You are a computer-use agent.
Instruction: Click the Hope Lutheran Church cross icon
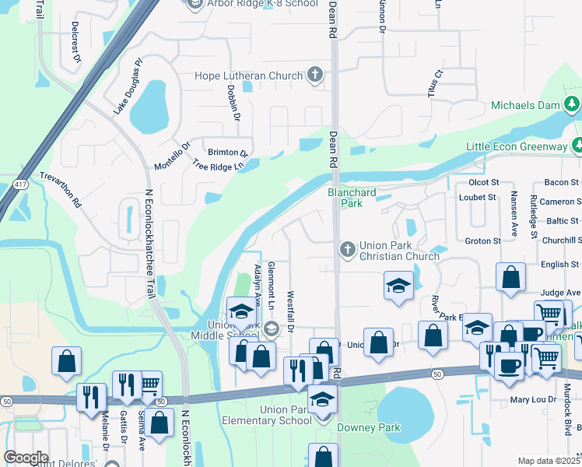[315, 75]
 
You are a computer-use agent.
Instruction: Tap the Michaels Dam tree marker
[572, 105]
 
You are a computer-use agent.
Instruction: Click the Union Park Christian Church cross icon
[348, 250]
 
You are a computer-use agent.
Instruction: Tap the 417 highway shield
[20, 184]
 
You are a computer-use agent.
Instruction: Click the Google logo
[26, 458]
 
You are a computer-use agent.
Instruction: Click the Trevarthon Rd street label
[61, 189]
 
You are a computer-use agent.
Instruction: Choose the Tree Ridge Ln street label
[219, 166]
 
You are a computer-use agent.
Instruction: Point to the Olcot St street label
[483, 181]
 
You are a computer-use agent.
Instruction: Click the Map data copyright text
[549, 461]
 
